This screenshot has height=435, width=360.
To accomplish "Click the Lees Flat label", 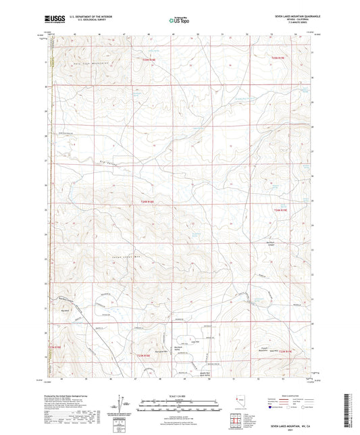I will pyautogui.click(x=197, y=342).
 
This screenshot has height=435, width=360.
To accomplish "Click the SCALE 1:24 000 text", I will pyautogui.click(x=179, y=395).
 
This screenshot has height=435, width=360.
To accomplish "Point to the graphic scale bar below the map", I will pyautogui.click(x=179, y=403).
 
